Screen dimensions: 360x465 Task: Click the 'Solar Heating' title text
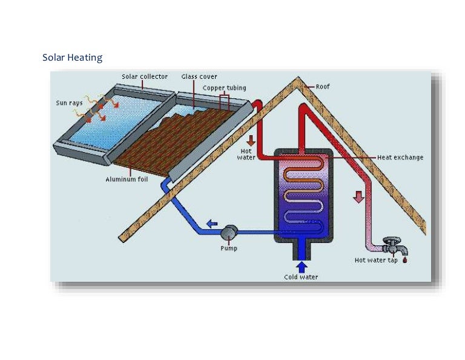[72, 58]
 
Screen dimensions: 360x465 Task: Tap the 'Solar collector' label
[144, 77]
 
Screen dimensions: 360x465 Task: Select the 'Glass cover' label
[199, 77]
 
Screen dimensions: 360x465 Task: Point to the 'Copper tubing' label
[224, 88]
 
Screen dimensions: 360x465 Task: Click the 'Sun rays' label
[69, 103]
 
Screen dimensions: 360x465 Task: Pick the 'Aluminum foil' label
[127, 179]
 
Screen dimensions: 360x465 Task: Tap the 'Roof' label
[323, 87]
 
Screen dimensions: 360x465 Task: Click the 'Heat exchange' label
[400, 158]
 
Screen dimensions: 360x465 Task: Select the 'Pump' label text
[229, 248]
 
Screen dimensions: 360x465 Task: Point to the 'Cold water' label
[301, 277]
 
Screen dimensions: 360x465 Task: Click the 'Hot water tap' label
[376, 261]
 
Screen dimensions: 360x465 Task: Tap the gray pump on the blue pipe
[229, 232]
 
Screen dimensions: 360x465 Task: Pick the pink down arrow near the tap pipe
[358, 197]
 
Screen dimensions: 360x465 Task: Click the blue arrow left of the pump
[212, 224]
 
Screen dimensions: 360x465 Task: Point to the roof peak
[297, 79]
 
